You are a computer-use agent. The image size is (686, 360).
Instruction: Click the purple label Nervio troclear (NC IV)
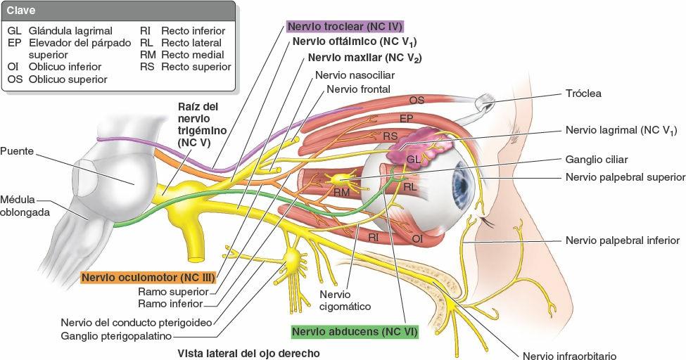344,27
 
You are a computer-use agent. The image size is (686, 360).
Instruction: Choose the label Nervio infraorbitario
569,356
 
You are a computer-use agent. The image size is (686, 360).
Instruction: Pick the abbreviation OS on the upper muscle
417,100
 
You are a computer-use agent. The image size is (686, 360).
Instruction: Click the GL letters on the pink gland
414,160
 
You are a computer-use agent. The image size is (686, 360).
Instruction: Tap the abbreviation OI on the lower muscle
417,239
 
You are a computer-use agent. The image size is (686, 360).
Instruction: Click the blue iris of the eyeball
461,186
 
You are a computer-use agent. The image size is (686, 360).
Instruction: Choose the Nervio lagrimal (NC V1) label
621,130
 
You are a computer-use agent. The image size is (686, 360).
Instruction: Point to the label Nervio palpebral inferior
622,240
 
